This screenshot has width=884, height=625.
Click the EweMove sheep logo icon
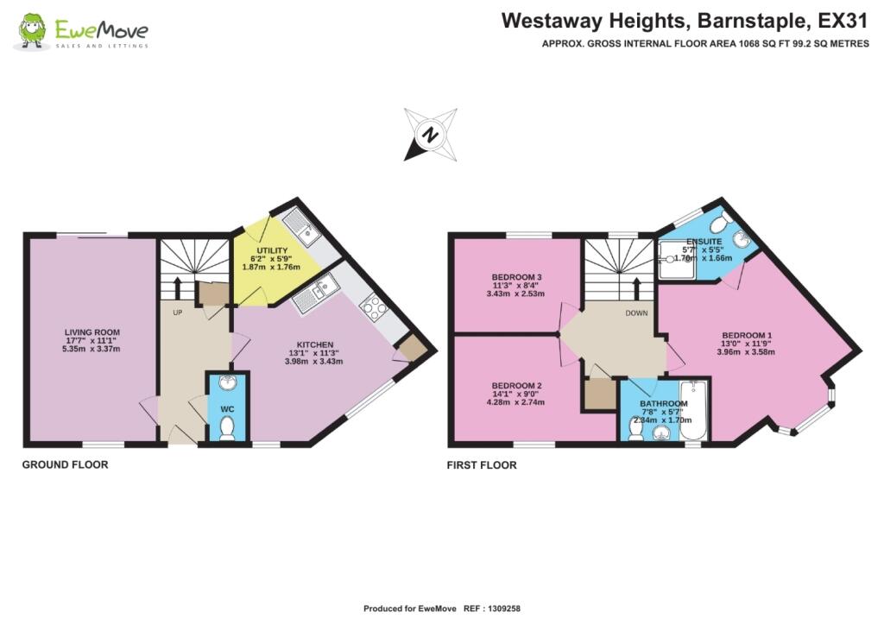(33, 31)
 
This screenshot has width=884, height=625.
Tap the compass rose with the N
(430, 135)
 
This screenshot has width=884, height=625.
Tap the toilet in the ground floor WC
(228, 428)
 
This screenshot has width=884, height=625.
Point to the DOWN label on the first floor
(636, 313)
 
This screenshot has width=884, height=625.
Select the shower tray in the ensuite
(673, 259)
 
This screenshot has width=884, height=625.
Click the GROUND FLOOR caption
(65, 464)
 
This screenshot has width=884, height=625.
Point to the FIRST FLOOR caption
(481, 465)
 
